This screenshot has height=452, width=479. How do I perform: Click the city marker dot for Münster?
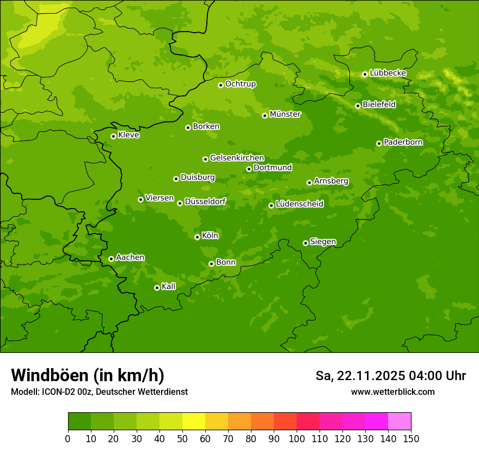265,115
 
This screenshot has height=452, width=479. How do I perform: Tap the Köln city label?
210,236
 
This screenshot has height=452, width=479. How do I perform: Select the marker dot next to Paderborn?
379,143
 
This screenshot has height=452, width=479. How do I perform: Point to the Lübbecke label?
388,73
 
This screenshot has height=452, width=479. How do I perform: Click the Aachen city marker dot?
111,259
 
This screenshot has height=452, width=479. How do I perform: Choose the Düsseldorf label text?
205,202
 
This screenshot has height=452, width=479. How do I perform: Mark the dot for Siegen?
305,243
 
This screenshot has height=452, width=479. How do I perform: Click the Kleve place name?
128,135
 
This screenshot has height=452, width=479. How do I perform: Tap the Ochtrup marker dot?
220,85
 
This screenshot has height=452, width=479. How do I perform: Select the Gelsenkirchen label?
237,158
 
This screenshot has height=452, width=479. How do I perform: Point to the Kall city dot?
157,288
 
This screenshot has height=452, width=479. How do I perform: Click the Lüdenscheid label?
299,204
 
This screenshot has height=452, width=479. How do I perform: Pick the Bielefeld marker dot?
358,106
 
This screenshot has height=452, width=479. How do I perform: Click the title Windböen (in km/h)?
88,375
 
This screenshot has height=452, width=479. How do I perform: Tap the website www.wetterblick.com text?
392,392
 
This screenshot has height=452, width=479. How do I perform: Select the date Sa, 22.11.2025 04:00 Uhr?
390,376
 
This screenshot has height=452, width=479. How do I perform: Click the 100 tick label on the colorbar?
297,438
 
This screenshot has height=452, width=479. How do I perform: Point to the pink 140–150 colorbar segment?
400,421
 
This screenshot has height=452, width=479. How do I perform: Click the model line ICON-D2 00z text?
99,392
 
